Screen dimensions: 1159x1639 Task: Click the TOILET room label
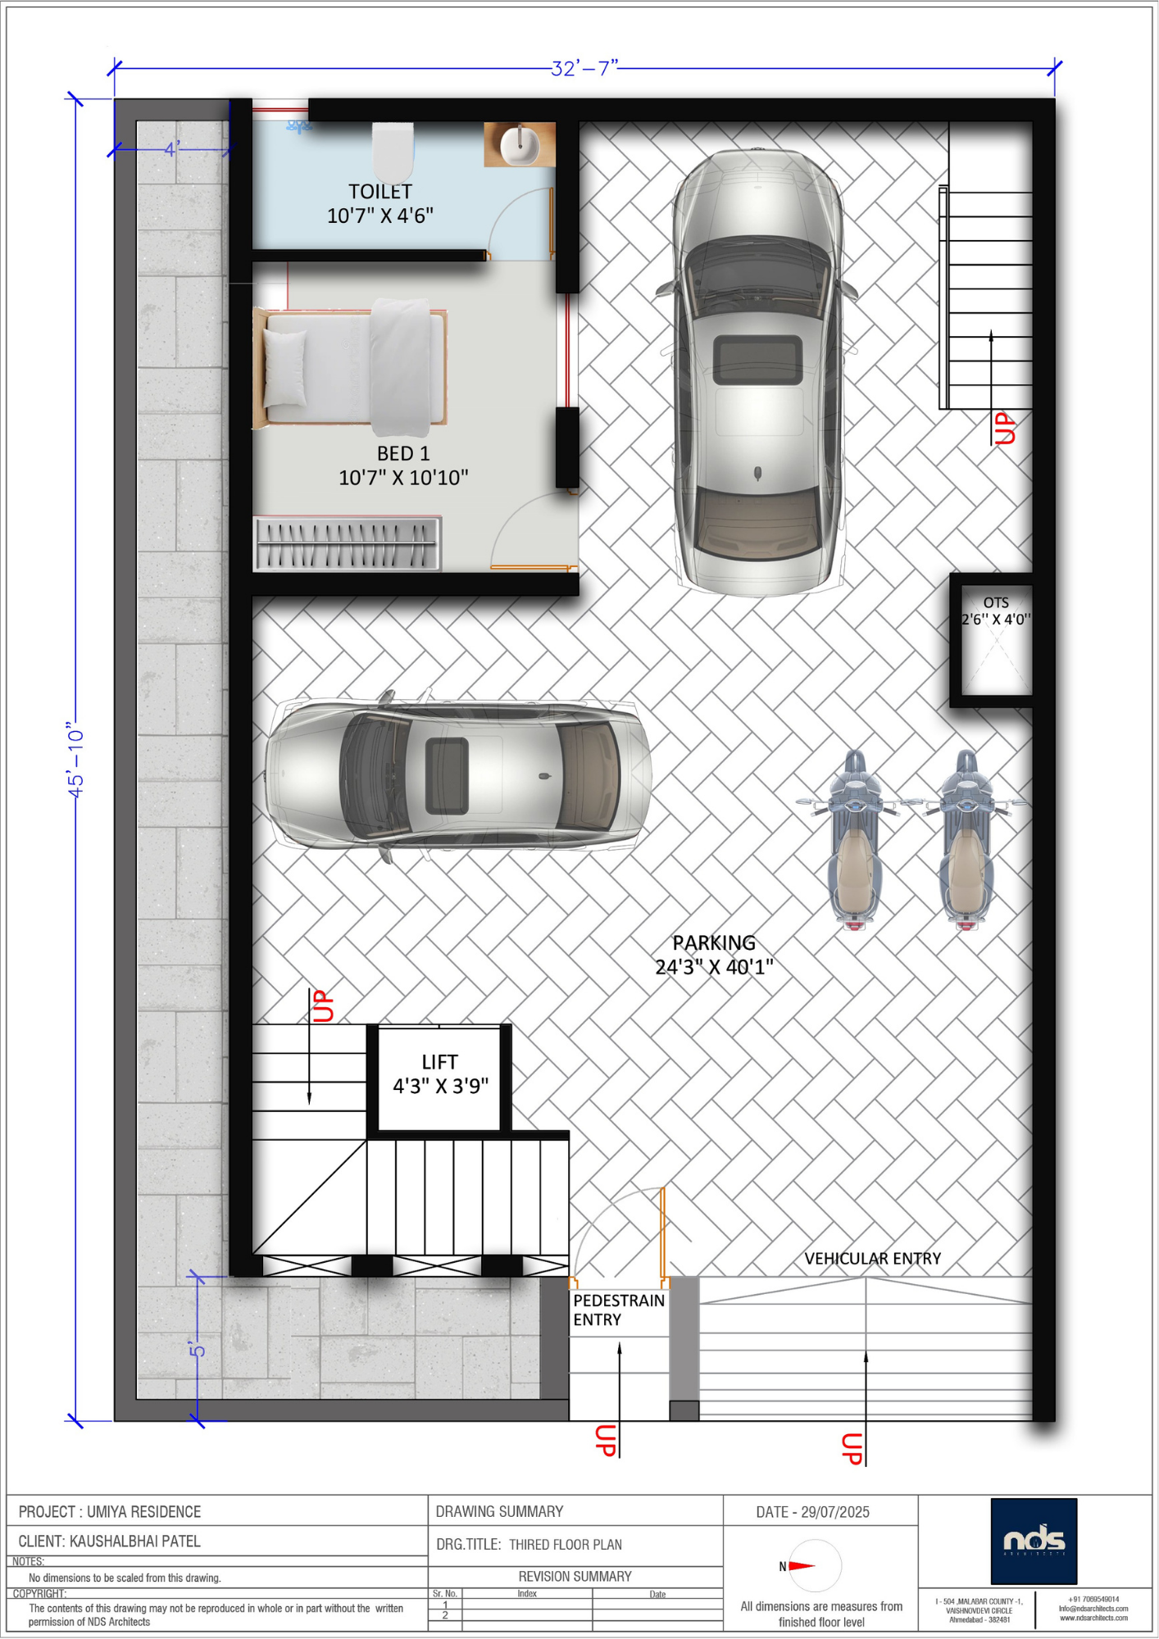pyautogui.click(x=380, y=192)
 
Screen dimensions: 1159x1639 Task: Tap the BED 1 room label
pyautogui.click(x=403, y=453)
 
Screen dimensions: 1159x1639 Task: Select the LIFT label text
pyautogui.click(x=439, y=1062)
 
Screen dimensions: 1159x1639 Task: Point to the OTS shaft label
pyautogui.click(x=996, y=602)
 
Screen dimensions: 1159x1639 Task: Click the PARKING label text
pyautogui.click(x=714, y=943)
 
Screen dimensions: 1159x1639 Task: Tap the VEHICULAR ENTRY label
pyautogui.click(x=872, y=1259)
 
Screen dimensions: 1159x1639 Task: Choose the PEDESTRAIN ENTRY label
pyautogui.click(x=619, y=1310)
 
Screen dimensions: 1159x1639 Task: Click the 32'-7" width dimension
pyautogui.click(x=584, y=68)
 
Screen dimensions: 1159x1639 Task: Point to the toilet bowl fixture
pyautogui.click(x=393, y=152)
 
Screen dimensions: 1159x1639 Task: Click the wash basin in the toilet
pyautogui.click(x=520, y=144)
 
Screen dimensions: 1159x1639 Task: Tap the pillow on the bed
pyautogui.click(x=285, y=368)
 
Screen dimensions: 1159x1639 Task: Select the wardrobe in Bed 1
pyautogui.click(x=347, y=543)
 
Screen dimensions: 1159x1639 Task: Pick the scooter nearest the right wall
pyautogui.click(x=968, y=841)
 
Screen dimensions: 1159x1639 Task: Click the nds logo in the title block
pyautogui.click(x=1034, y=1541)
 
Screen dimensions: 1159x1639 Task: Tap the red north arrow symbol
pyautogui.click(x=802, y=1566)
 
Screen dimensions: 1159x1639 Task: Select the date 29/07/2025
pyautogui.click(x=835, y=1512)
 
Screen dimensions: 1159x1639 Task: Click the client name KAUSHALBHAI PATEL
pyautogui.click(x=135, y=1541)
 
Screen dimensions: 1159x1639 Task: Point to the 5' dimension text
pyautogui.click(x=197, y=1349)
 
